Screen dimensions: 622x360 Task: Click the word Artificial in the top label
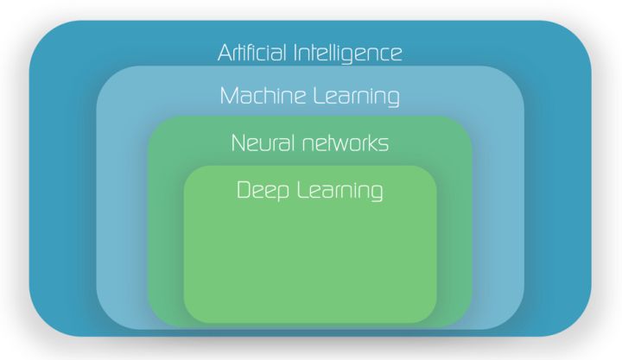(252, 53)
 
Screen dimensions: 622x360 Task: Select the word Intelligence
(348, 54)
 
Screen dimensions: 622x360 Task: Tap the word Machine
(263, 96)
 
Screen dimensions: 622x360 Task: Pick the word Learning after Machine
(356, 97)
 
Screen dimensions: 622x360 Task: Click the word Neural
(263, 143)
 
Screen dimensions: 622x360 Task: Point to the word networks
(345, 143)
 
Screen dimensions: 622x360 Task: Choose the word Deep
(263, 190)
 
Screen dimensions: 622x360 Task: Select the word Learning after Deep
(340, 191)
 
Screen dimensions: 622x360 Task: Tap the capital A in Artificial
(225, 53)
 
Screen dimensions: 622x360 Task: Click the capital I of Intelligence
(296, 53)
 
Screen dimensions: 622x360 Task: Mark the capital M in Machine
(229, 96)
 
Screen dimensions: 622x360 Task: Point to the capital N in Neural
(238, 143)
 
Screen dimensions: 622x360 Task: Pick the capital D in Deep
(244, 190)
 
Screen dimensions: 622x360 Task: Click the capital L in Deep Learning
(303, 190)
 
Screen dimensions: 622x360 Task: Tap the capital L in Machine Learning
(319, 96)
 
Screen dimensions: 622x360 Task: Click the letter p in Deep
(282, 193)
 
